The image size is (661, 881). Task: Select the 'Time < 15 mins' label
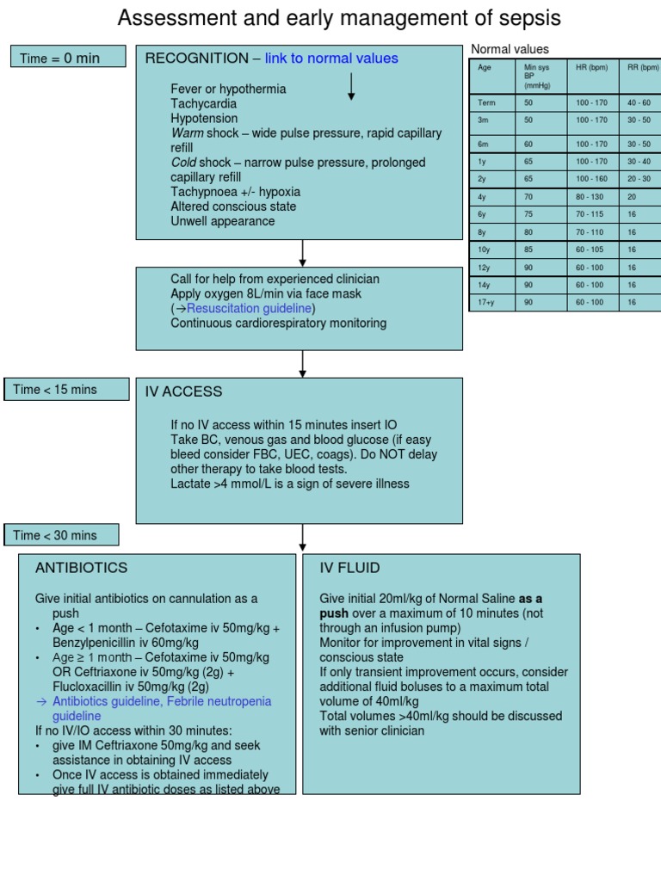point(55,390)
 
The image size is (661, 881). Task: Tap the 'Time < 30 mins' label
point(55,535)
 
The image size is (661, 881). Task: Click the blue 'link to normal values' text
point(331,59)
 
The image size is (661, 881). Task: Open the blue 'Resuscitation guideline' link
point(250,308)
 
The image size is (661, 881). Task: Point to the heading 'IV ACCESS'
point(183,391)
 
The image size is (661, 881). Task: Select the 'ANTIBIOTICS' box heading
point(81,568)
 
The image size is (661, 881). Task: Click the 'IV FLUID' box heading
point(349,568)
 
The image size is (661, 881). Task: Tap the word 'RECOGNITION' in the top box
point(196,59)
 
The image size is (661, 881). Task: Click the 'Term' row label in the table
point(486,102)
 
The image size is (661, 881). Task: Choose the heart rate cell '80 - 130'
point(591,196)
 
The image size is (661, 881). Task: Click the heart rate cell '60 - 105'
point(591,249)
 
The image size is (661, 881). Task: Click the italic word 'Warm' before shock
point(187,132)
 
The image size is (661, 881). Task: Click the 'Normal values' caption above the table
point(510,49)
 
